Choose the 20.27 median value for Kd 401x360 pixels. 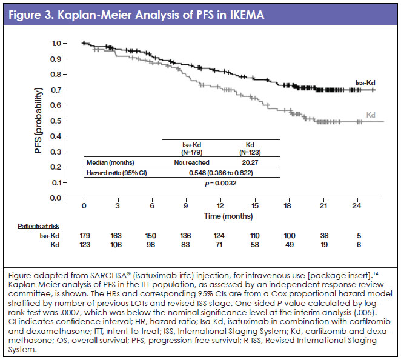tap(250, 162)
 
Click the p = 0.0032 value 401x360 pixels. tap(220, 184)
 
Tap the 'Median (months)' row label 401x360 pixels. tap(110, 162)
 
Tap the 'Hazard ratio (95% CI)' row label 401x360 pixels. tap(119, 173)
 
